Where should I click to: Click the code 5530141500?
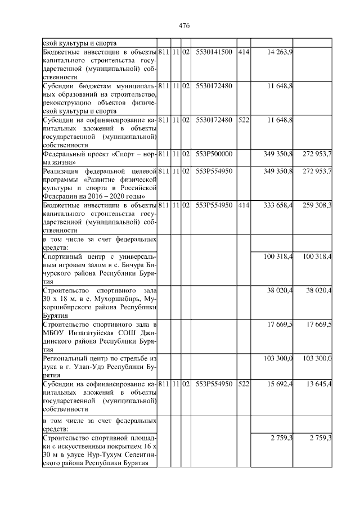214,52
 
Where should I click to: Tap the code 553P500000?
214,154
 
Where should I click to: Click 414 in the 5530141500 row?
243,52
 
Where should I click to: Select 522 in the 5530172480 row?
243,120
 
